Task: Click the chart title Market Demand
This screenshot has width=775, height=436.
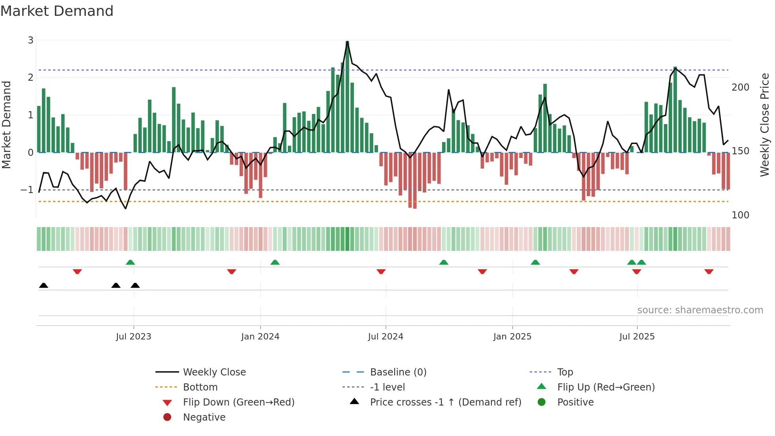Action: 57,11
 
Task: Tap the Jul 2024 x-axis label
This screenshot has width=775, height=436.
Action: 386,337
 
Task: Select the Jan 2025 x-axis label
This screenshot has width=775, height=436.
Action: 512,337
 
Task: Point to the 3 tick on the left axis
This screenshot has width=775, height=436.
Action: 30,40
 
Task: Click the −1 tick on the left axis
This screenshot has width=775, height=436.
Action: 27,190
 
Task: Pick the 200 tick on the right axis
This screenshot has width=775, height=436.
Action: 740,87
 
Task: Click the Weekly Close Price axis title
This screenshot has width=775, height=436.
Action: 765,125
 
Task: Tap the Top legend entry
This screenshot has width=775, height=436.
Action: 565,372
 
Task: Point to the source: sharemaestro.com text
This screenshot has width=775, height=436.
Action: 700,310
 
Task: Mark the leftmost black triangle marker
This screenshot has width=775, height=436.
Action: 43,285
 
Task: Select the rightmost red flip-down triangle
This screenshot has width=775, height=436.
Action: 709,271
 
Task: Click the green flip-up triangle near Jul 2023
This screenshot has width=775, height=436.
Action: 130,262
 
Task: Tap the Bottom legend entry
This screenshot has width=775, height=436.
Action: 200,387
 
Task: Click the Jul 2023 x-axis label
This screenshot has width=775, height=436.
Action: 133,337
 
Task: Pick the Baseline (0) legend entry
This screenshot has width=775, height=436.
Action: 398,372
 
